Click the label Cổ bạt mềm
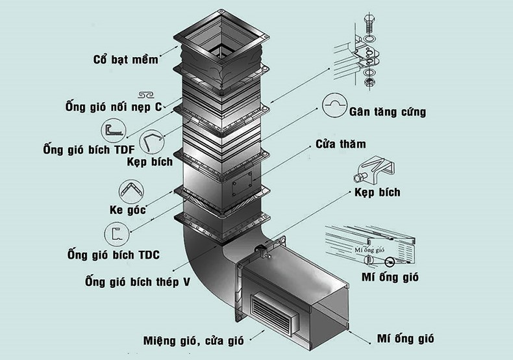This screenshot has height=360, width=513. click(125, 60)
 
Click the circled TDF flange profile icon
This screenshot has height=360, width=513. click(113, 130)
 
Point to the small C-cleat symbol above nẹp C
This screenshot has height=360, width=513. click(146, 94)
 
